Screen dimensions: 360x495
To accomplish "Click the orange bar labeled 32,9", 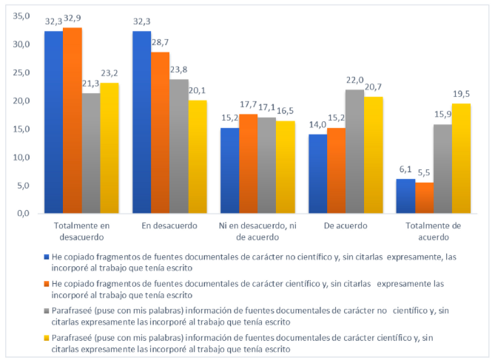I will (73, 120).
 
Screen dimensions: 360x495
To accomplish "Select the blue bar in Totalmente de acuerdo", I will (405, 196).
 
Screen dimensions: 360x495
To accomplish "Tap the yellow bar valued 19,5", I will (462, 158).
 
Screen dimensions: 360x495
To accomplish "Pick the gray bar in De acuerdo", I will (354, 152).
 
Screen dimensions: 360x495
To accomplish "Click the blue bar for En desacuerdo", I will (141, 122).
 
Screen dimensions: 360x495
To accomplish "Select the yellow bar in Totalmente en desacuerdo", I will (110, 148).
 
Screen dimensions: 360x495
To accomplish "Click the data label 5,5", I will (424, 174).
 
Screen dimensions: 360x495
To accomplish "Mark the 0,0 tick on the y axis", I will (23, 214).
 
